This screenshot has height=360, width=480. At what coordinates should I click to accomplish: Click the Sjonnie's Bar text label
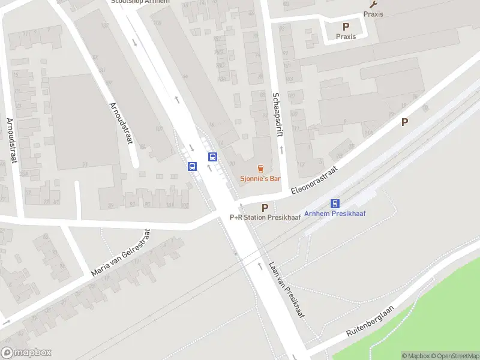pyautogui.click(x=260, y=179)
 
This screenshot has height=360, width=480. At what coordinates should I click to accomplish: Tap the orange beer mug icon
pyautogui.click(x=260, y=169)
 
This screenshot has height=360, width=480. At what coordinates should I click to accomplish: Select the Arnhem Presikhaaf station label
pyautogui.click(x=335, y=214)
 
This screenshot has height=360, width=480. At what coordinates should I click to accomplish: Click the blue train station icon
pyautogui.click(x=335, y=203)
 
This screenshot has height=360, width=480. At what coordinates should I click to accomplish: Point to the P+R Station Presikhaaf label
pyautogui.click(x=265, y=217)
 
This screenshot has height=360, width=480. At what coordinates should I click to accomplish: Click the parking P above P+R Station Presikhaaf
pyautogui.click(x=265, y=207)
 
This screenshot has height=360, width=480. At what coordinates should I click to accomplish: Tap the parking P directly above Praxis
pyautogui.click(x=346, y=26)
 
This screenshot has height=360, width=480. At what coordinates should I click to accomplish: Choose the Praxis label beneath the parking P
pyautogui.click(x=346, y=37)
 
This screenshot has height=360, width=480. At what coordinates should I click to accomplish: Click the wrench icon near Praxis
pyautogui.click(x=373, y=4)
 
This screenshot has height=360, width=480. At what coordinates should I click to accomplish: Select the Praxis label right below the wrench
pyautogui.click(x=373, y=14)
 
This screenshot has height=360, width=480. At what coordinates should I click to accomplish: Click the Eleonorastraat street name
pyautogui.click(x=313, y=179)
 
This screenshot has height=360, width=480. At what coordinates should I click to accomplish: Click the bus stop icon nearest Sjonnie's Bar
pyautogui.click(x=212, y=157)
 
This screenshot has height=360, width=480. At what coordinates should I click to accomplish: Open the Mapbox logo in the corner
pyautogui.click(x=26, y=353)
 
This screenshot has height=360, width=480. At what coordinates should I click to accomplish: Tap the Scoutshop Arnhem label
pyautogui.click(x=140, y=2)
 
